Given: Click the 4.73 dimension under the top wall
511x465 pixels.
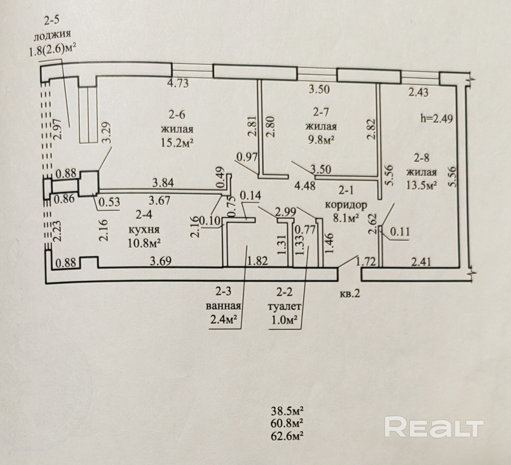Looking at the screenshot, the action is click(178, 84).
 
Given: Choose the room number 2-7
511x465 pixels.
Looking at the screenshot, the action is click(321, 113).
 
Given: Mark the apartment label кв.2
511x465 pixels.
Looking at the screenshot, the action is click(350, 293).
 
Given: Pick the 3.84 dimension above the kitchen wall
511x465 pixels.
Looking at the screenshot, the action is click(163, 183).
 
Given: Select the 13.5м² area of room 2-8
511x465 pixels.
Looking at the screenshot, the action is click(421, 185).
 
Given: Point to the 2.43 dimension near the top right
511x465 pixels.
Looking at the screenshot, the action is click(418, 92).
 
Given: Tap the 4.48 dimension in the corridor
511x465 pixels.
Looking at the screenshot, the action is click(305, 186).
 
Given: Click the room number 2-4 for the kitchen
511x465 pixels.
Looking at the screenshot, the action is click(144, 215).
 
